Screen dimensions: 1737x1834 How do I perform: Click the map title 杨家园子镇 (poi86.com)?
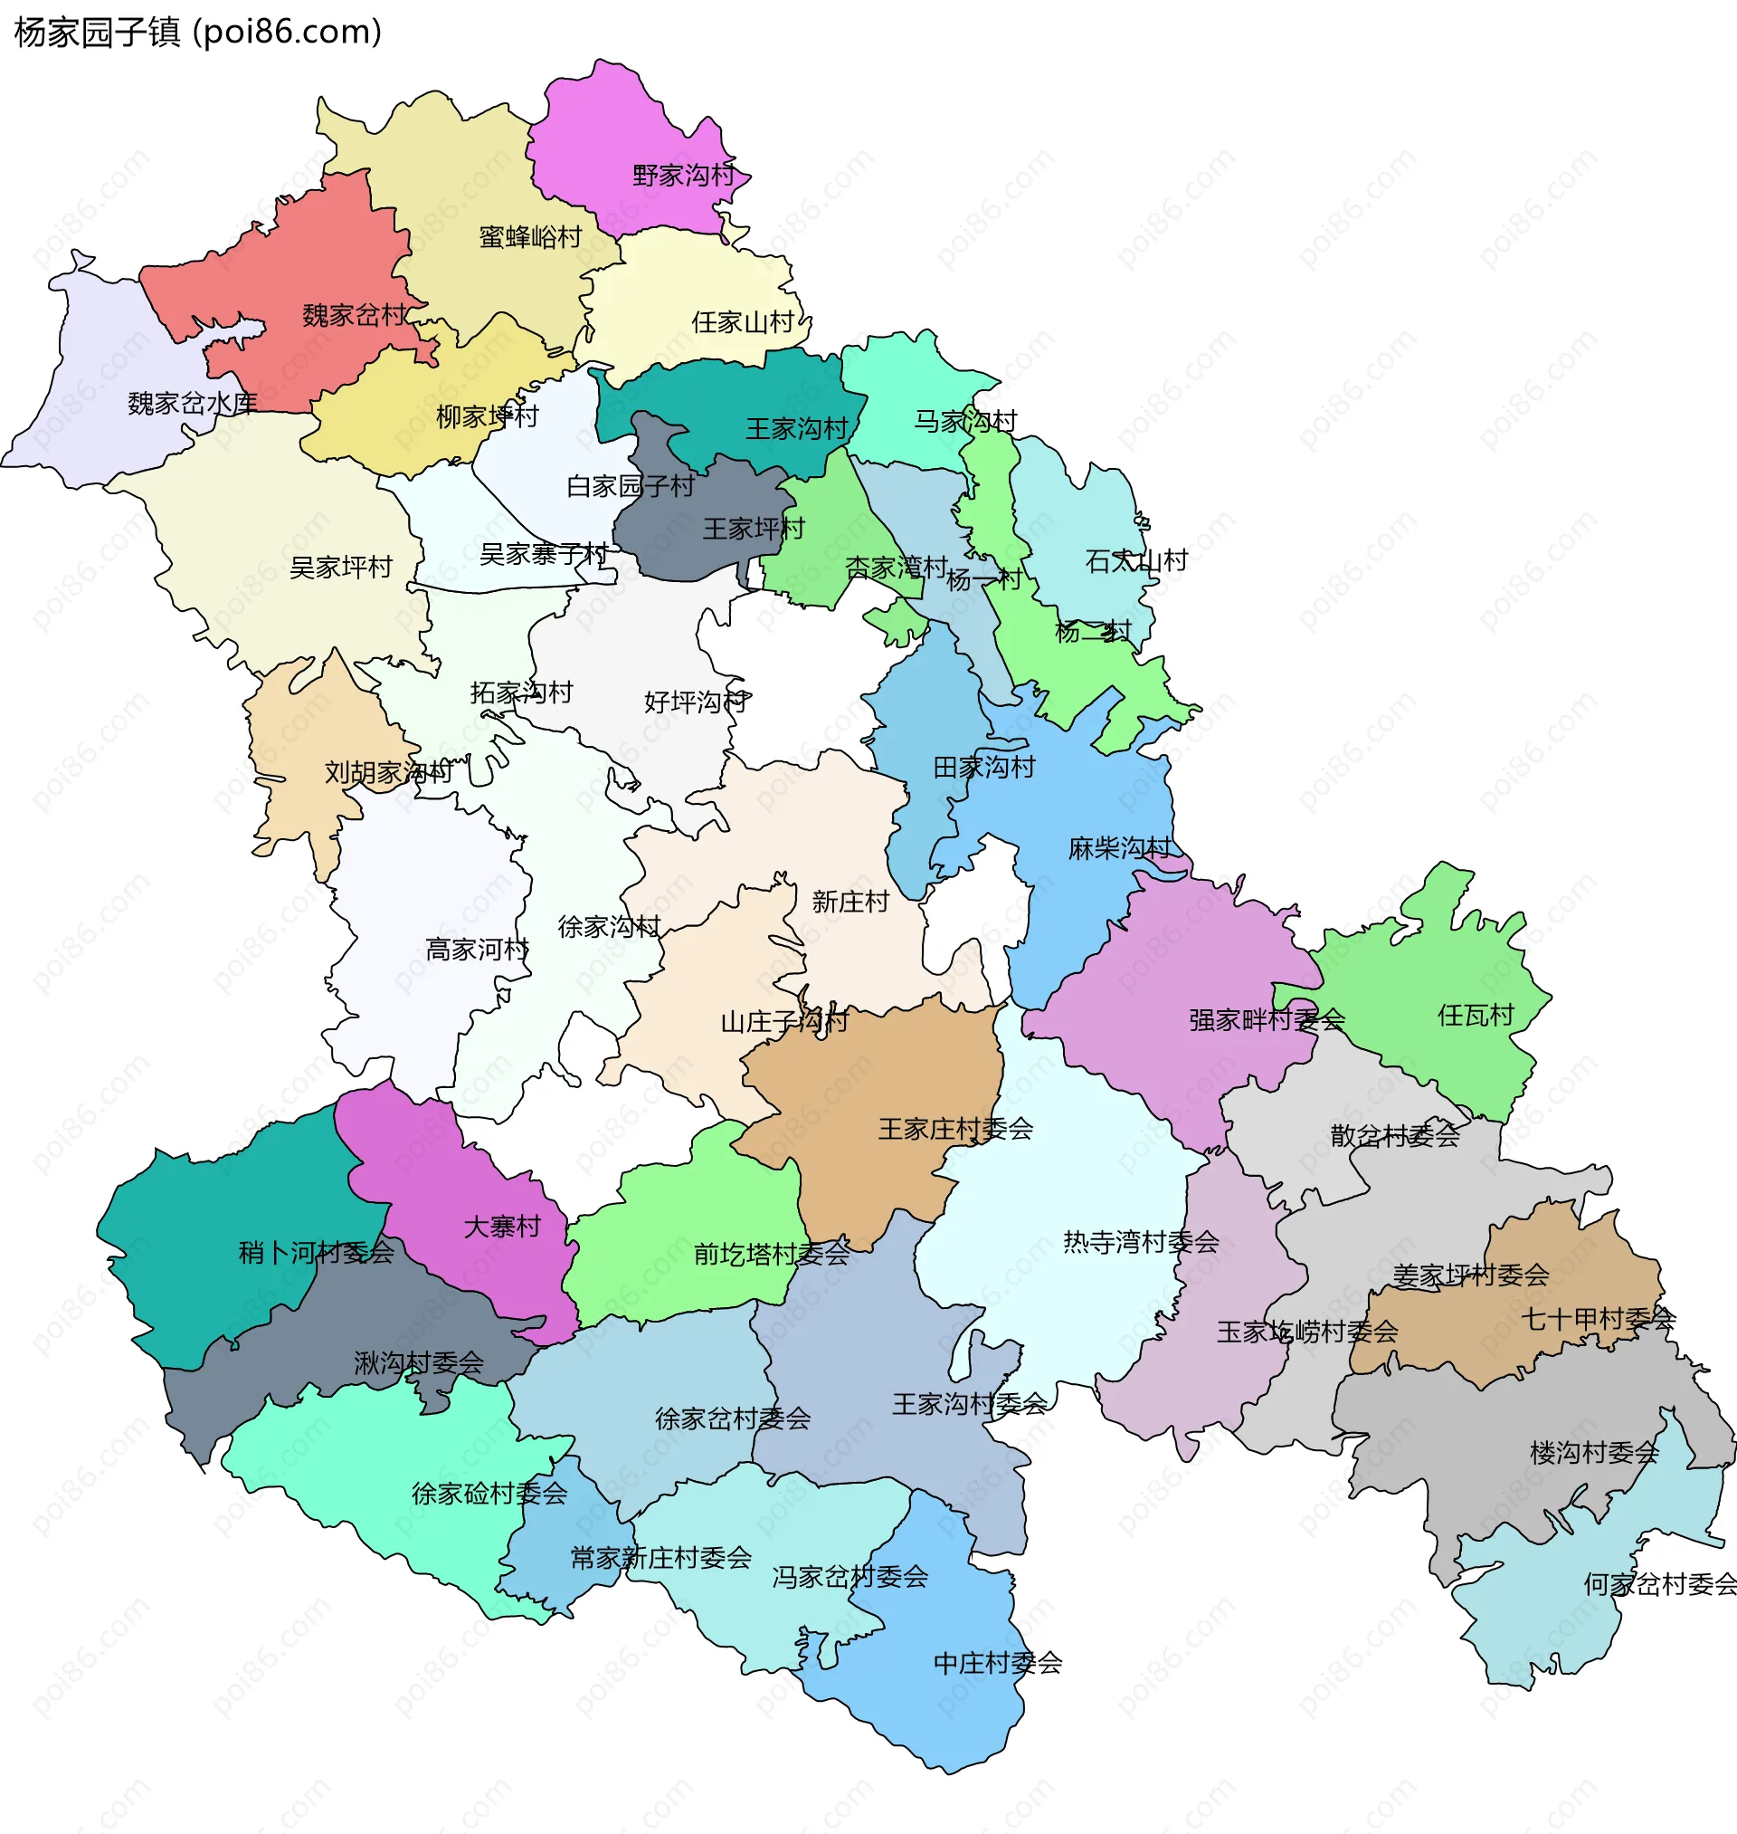pos(198,33)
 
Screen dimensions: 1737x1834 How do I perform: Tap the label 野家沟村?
pos(682,175)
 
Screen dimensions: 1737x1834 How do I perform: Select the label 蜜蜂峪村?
pos(529,237)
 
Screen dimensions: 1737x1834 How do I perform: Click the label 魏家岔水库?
pos(193,403)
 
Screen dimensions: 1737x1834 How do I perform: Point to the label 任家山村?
pos(743,322)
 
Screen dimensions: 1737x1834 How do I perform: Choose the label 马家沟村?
pos(964,422)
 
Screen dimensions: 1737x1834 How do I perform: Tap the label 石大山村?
pos(1135,560)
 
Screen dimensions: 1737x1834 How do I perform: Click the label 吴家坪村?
pos(341,567)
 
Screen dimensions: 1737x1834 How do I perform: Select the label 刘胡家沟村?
pos(388,771)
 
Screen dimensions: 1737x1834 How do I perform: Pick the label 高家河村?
pos(477,950)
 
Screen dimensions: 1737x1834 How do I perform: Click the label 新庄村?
pos(850,902)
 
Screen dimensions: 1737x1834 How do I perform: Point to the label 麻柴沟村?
pos(1118,847)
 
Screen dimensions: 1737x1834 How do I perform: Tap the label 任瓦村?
pos(1475,1015)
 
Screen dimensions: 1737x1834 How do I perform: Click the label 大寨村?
pos(502,1227)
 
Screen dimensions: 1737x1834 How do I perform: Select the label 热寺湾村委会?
pos(1140,1242)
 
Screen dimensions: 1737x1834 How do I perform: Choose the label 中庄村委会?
pos(997,1663)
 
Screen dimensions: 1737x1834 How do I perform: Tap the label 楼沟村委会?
pos(1593,1452)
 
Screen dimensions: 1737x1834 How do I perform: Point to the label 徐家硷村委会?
pos(489,1493)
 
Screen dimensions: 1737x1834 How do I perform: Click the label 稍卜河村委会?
pos(316,1252)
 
